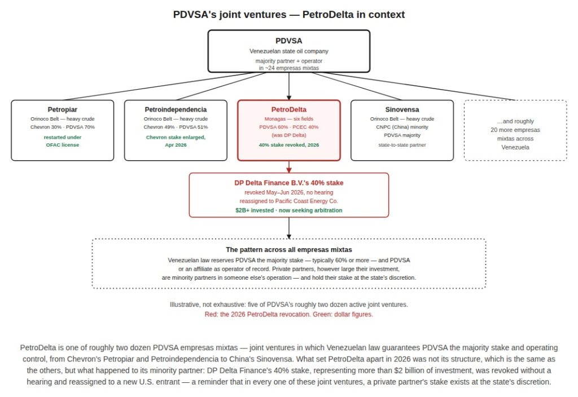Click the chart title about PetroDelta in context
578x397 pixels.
(288, 15)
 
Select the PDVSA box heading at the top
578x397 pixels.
(288, 41)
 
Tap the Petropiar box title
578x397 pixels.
(62, 109)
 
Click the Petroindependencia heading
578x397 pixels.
(176, 109)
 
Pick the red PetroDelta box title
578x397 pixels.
(288, 109)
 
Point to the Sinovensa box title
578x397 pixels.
(402, 109)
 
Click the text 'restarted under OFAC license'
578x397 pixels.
(62, 141)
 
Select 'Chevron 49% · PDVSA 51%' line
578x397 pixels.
(176, 127)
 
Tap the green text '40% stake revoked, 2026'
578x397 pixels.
(288, 145)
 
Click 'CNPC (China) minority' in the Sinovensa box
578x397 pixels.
(402, 127)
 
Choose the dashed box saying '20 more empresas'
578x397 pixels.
(515, 130)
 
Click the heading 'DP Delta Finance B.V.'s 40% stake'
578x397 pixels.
(288, 183)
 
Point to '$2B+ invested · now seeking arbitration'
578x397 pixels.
(288, 210)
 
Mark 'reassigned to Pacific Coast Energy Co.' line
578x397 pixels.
(288, 201)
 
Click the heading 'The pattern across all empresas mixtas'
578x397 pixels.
(288, 250)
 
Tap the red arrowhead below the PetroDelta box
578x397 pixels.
(289, 170)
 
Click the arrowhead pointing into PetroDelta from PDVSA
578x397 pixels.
(289, 97)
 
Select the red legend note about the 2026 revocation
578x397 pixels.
(288, 315)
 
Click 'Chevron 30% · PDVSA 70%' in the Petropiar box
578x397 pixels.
(62, 127)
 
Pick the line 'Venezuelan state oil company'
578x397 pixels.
(288, 51)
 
